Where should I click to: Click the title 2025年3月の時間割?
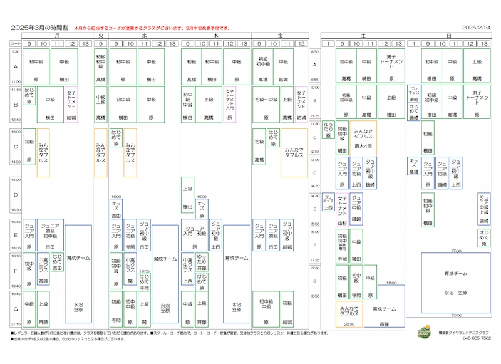[x=39, y=28]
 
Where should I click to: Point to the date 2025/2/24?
[x=475, y=28]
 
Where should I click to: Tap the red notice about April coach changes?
[x=152, y=28]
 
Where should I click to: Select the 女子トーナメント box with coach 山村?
[x=342, y=210]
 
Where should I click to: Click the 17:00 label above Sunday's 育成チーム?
[x=456, y=250]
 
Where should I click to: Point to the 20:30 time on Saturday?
[x=348, y=325]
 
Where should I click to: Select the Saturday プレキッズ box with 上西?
[x=328, y=202]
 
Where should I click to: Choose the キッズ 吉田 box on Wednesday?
[x=116, y=209]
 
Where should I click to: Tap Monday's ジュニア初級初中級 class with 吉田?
[x=51, y=234]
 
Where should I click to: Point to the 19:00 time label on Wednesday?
[x=144, y=271]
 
